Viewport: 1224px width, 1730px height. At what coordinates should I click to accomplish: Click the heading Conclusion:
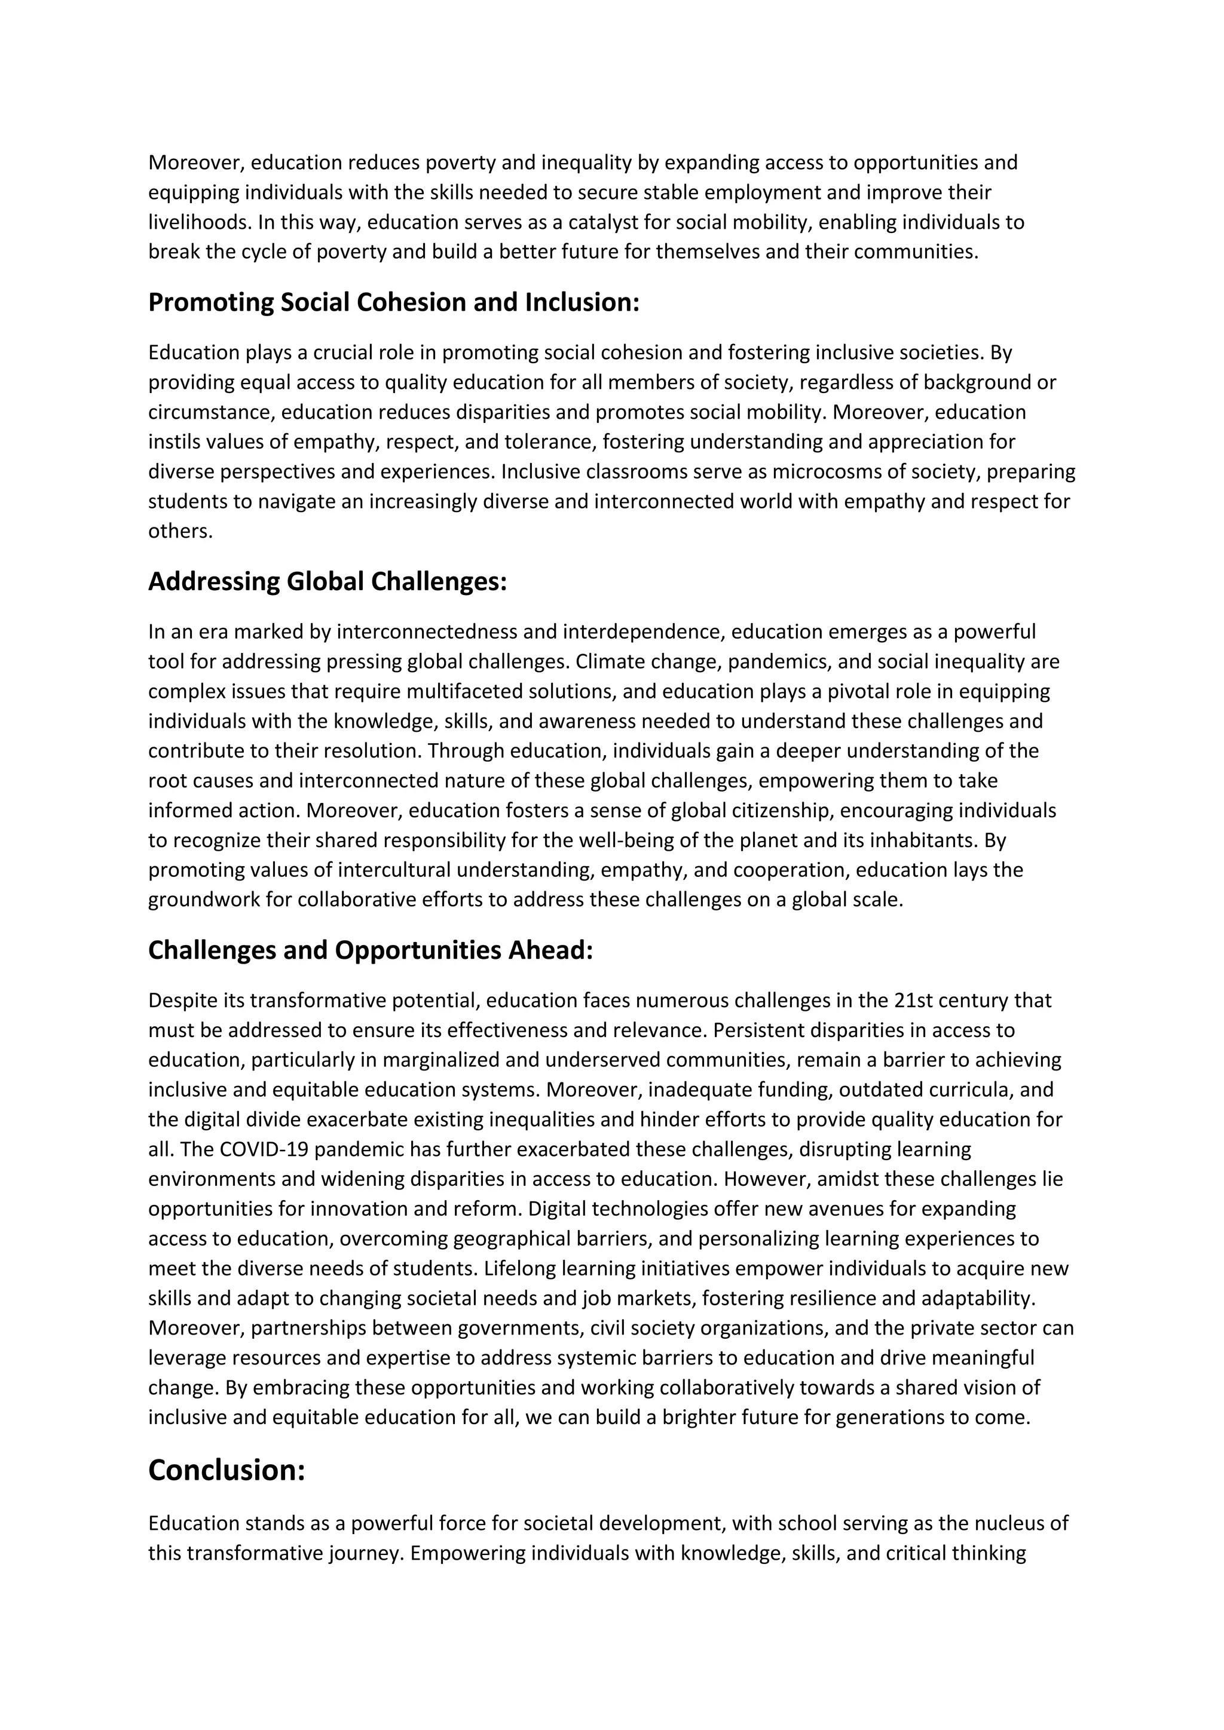coord(226,1470)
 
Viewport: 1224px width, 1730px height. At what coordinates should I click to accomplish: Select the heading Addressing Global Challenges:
coord(327,582)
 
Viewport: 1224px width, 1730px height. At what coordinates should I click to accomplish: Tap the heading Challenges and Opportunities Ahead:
coord(370,950)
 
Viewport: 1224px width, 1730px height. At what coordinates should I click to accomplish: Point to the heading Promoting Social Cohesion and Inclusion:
coord(393,302)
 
